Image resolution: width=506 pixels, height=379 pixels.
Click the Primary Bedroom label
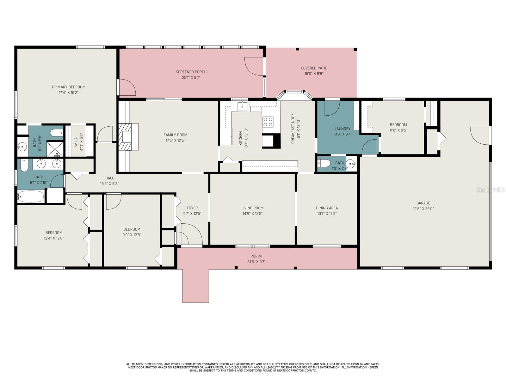69,87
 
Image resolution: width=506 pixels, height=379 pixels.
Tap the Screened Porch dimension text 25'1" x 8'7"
191,78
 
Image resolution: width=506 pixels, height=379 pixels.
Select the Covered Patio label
314,68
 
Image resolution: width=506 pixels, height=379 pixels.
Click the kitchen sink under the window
243,106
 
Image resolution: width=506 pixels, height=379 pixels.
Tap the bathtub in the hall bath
30,196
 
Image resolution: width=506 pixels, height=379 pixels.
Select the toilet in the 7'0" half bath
324,163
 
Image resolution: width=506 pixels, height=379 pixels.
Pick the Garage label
423,203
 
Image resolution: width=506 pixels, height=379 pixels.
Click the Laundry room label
342,129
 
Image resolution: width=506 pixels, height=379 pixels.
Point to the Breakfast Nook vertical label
293,129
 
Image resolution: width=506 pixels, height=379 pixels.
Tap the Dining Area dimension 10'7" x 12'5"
327,214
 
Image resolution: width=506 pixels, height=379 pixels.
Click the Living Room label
252,208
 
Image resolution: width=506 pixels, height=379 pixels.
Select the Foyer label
192,208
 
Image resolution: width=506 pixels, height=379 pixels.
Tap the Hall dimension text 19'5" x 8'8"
109,183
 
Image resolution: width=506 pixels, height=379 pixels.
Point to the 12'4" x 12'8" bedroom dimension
54,238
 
